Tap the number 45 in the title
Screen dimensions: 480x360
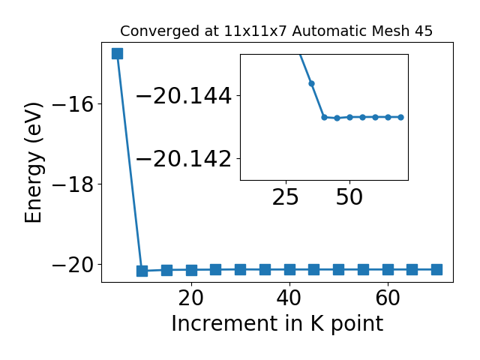424,31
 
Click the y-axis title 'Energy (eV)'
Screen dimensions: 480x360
33,163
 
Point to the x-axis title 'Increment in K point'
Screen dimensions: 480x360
277,324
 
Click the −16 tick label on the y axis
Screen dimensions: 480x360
73,104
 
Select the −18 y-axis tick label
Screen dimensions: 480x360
73,184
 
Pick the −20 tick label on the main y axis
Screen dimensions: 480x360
73,265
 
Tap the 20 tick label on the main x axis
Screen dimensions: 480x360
191,298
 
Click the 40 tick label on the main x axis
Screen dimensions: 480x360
289,298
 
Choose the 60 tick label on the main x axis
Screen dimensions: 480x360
388,298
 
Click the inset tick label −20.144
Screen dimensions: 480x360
184,96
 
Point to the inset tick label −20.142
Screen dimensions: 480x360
184,159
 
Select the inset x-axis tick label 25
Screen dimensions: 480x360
286,197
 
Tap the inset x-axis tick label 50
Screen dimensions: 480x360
349,197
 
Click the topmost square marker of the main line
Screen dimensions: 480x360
117,53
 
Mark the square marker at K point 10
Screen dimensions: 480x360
142,271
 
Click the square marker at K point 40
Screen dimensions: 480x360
289,270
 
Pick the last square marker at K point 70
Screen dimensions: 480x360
436,270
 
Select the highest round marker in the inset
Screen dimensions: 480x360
312,83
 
